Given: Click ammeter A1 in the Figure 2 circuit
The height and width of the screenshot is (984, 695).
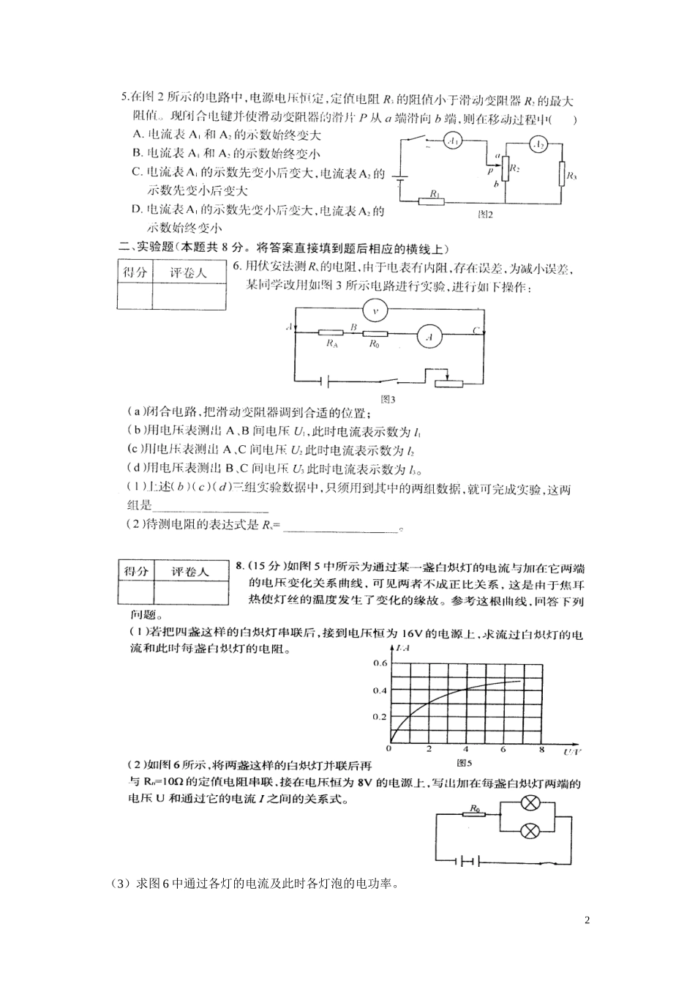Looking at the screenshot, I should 453,141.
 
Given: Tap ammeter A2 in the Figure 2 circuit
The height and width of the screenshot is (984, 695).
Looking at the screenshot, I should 538,146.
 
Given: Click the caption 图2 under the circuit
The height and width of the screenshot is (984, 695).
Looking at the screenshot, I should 485,215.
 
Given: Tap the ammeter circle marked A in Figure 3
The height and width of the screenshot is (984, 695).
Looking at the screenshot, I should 429,337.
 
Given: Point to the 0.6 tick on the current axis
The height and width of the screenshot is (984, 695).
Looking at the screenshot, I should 380,663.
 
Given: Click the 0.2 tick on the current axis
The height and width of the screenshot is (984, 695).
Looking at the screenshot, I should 380,717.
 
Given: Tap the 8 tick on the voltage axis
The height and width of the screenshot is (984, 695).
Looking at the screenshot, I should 541,749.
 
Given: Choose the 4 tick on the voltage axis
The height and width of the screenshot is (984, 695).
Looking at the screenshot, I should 466,749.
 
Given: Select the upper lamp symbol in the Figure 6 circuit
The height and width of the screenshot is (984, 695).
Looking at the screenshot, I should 531,803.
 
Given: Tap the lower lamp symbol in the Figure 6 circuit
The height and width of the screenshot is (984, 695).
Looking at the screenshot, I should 531,830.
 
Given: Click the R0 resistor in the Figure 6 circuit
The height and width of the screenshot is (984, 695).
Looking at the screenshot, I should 476,815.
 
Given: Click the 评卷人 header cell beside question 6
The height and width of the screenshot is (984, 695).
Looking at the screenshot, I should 189,272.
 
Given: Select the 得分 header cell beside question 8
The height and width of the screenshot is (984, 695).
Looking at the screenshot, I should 136,571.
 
